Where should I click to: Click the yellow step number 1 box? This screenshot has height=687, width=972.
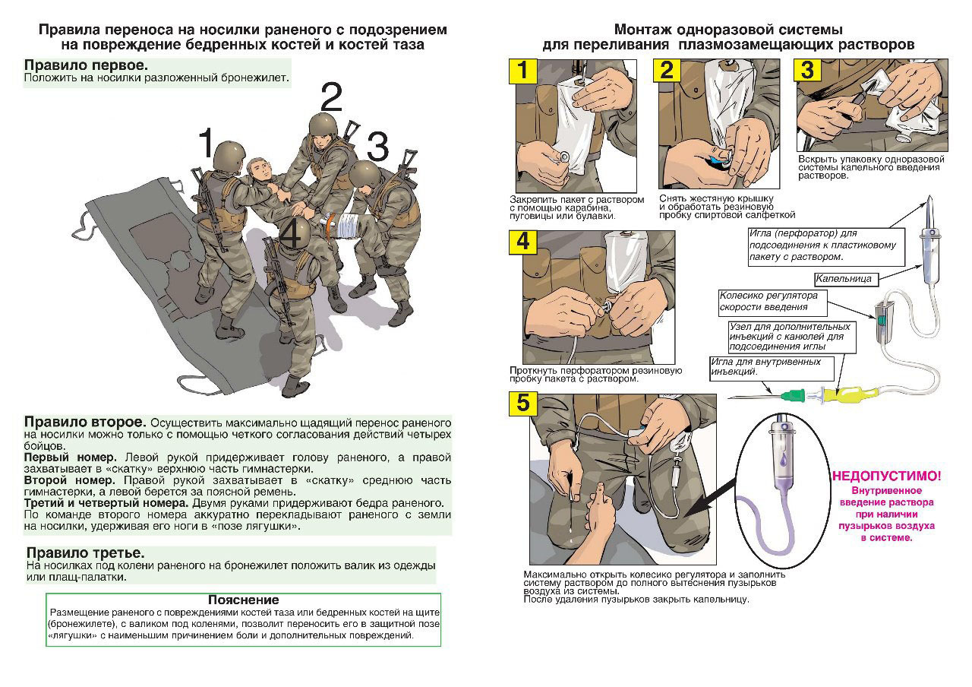(x=522, y=71)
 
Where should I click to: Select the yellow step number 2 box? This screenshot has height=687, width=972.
(x=667, y=71)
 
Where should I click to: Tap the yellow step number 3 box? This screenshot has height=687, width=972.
(x=806, y=71)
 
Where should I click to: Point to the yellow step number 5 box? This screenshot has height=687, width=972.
(x=522, y=403)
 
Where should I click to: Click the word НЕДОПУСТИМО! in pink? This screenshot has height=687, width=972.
(x=886, y=476)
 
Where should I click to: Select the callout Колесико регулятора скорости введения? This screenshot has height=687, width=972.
(x=770, y=301)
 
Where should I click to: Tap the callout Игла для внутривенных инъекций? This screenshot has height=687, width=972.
(x=771, y=367)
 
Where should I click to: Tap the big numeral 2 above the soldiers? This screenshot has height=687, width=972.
(x=331, y=99)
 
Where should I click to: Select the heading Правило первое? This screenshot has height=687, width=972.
(x=86, y=65)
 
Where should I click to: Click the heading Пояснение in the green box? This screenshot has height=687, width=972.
(x=243, y=600)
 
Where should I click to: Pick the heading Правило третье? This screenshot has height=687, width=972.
(x=85, y=552)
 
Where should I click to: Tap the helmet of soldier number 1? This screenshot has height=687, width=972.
(x=226, y=156)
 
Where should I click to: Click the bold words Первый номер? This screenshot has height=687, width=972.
(x=70, y=457)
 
